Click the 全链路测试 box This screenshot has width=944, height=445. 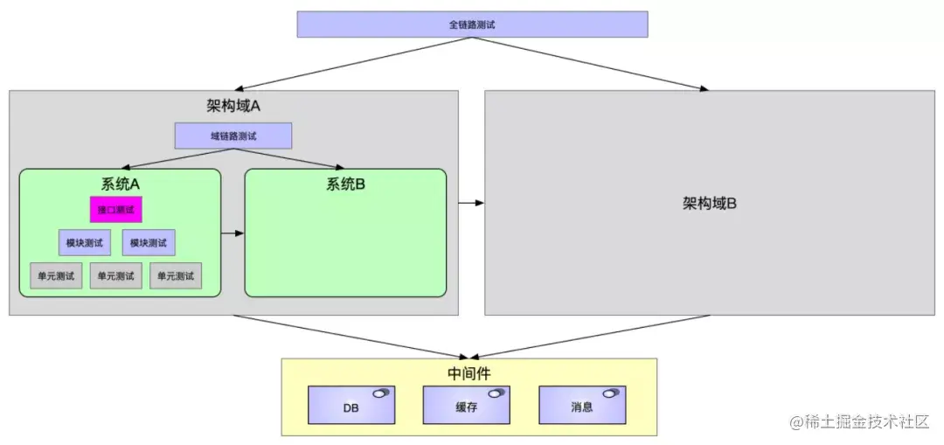pyautogui.click(x=472, y=24)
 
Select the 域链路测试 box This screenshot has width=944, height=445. pyautogui.click(x=233, y=136)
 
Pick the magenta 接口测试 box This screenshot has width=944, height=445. pyautogui.click(x=116, y=210)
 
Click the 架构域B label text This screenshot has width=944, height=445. pyautogui.click(x=709, y=204)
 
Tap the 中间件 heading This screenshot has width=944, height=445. pyautogui.click(x=469, y=373)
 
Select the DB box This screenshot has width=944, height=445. pyautogui.click(x=351, y=407)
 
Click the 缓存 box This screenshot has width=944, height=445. pyautogui.click(x=466, y=407)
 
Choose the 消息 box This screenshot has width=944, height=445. pyautogui.click(x=581, y=407)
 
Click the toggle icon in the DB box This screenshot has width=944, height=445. pyautogui.click(x=380, y=393)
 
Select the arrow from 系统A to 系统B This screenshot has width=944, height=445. pyautogui.click(x=233, y=233)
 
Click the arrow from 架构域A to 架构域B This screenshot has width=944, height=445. pyautogui.click(x=471, y=203)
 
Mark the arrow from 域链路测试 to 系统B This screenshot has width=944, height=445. pyautogui.click(x=288, y=158)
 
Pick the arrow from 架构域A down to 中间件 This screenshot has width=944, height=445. pyautogui.click(x=350, y=337)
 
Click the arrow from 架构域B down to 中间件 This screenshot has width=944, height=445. pyautogui.click(x=586, y=337)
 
